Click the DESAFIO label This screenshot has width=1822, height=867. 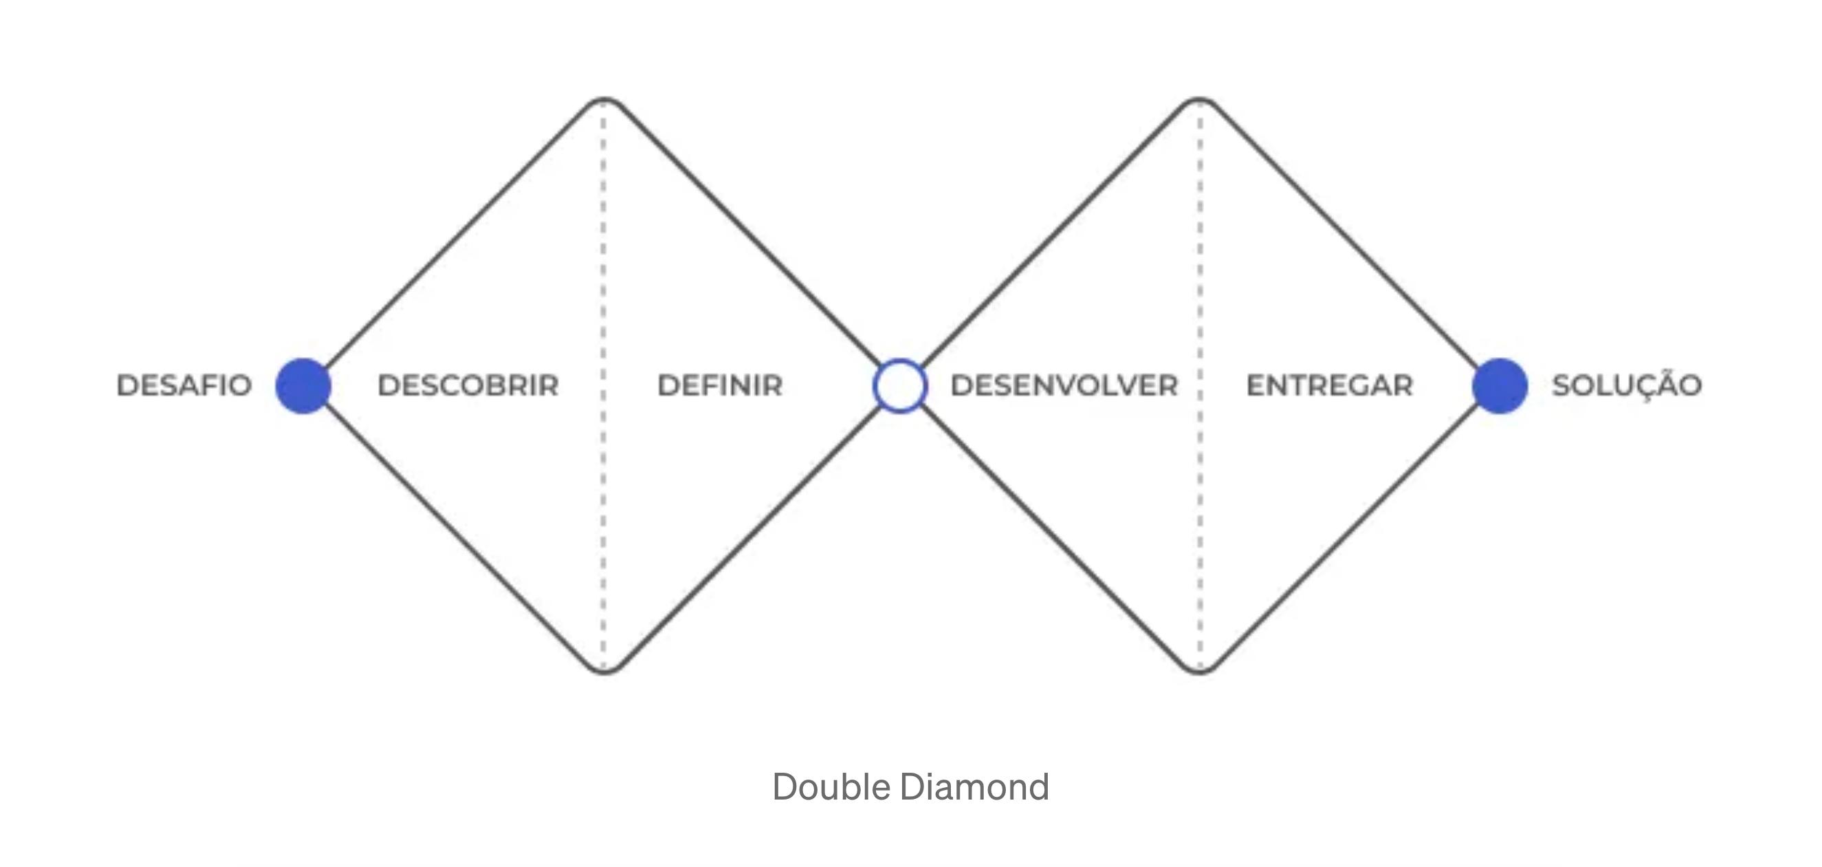click(x=184, y=386)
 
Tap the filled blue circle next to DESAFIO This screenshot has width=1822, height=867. click(x=303, y=386)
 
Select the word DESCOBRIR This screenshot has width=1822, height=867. click(x=468, y=386)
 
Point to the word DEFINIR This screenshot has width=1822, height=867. click(x=720, y=386)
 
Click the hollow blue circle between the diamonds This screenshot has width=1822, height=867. click(x=900, y=386)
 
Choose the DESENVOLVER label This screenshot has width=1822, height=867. click(x=1064, y=386)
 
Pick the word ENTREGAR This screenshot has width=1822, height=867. click(x=1329, y=386)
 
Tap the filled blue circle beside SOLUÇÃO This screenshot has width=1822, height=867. click(x=1500, y=386)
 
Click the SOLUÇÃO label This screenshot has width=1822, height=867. click(x=1627, y=386)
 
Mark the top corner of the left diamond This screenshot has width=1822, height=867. click(x=604, y=100)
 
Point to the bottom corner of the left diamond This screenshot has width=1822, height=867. click(x=604, y=670)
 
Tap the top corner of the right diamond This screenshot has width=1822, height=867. click(x=1200, y=100)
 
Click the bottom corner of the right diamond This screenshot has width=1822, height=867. click(x=1200, y=670)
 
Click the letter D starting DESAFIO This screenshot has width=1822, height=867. click(x=127, y=386)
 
